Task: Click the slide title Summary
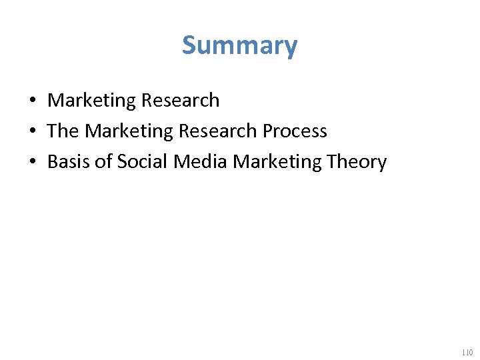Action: pyautogui.click(x=239, y=45)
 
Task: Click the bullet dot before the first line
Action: pyautogui.click(x=32, y=101)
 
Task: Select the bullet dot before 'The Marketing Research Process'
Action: pyautogui.click(x=32, y=131)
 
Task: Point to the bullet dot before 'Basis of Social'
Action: pyautogui.click(x=32, y=162)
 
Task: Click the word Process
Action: pyautogui.click(x=295, y=131)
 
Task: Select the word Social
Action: pyautogui.click(x=140, y=162)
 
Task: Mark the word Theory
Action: pyautogui.click(x=353, y=162)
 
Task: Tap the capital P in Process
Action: pyautogui.click(x=267, y=131)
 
